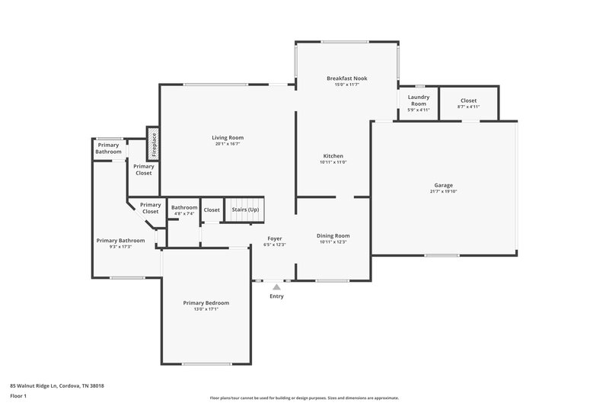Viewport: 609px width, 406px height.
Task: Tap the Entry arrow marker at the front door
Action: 276,287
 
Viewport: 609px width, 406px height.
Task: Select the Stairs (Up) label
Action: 245,209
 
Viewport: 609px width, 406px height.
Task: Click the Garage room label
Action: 444,185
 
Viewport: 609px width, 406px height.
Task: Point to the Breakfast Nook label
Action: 346,78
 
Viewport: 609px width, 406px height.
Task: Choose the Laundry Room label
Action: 419,100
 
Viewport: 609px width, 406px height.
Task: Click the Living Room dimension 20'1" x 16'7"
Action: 228,143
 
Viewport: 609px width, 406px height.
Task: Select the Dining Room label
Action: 333,235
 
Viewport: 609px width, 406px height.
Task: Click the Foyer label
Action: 274,238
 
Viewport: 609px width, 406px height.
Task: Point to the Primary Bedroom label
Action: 206,302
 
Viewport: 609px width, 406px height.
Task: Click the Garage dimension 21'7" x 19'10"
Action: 444,191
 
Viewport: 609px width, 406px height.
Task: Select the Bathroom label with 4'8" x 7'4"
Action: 184,210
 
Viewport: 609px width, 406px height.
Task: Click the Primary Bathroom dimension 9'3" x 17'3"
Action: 120,246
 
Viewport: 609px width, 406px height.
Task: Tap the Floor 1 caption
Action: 19,396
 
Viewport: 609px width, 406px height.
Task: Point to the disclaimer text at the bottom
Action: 304,398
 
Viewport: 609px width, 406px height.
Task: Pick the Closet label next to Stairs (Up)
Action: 212,209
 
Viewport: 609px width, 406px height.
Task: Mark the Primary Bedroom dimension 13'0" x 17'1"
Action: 206,308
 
